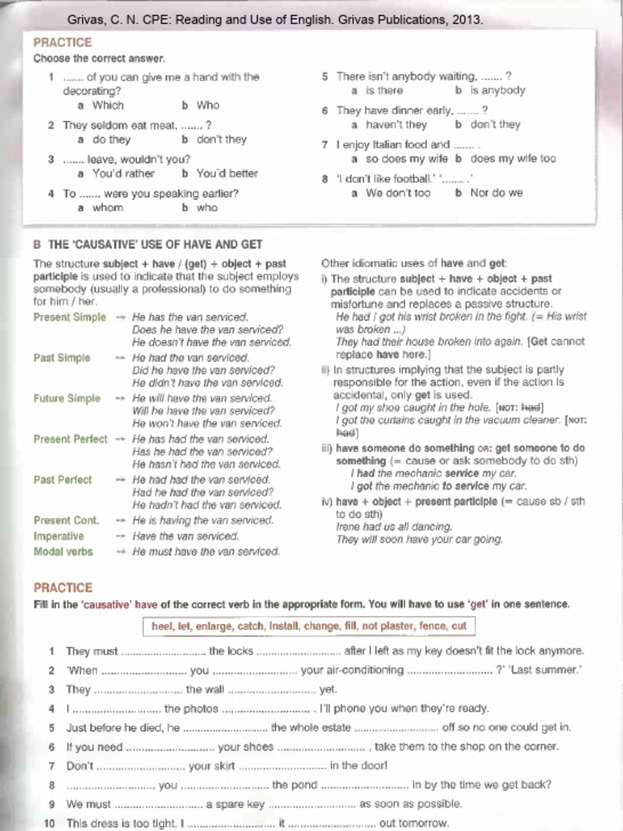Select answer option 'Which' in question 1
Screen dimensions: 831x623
click(x=108, y=105)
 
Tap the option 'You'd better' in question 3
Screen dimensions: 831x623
click(x=226, y=174)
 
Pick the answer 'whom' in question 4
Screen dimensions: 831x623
click(x=108, y=208)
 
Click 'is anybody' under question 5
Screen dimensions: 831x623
click(x=497, y=91)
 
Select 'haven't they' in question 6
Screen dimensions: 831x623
click(x=396, y=125)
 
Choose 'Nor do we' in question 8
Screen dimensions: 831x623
click(x=496, y=193)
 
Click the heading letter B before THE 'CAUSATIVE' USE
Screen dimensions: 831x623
click(x=37, y=244)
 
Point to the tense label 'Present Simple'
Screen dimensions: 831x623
click(x=70, y=317)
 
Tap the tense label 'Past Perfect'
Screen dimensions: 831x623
click(x=62, y=480)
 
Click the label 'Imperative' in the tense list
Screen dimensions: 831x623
click(x=58, y=536)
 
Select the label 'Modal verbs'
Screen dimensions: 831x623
click(x=63, y=552)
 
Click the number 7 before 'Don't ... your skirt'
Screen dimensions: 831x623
click(x=51, y=765)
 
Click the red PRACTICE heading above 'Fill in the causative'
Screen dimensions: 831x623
click(x=62, y=588)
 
